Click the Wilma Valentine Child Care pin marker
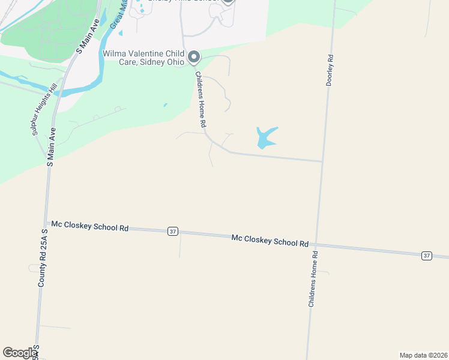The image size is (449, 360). pos(194,57)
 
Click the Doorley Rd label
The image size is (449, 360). pos(330,71)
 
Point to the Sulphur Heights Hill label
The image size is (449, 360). pos(43,110)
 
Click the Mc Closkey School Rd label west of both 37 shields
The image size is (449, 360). pos(90,227)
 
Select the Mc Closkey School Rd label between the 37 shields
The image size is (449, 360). pos(270,241)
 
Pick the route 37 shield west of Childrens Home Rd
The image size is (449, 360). pos(173,231)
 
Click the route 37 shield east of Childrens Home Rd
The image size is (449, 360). pos(426,256)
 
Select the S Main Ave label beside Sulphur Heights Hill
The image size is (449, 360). pos(52,147)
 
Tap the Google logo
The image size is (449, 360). pos(19,353)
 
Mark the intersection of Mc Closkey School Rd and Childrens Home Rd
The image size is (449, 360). pos(316,244)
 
